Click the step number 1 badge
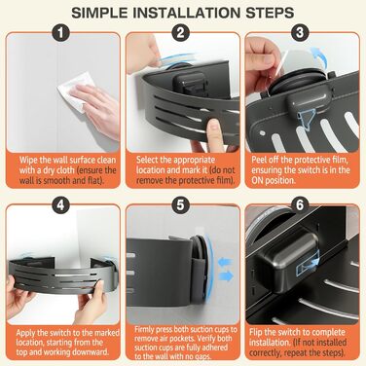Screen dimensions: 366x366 (x=61, y=32)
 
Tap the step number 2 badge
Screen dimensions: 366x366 (x=180, y=32)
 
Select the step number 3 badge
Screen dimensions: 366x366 (x=300, y=32)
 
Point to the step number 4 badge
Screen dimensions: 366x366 (x=61, y=205)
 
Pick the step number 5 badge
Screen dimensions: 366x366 (x=180, y=205)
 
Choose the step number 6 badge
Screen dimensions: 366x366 (x=300, y=205)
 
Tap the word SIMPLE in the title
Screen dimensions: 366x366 (x=99, y=13)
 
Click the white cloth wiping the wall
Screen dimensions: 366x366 (x=73, y=91)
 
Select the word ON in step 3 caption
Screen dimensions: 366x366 (x=257, y=180)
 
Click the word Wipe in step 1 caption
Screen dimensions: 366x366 (x=27, y=160)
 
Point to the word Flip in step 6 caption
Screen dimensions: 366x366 (x=256, y=332)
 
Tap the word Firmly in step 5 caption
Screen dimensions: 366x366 (x=145, y=330)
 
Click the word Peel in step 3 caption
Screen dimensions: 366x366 (x=259, y=160)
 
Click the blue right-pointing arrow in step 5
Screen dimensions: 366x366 (x=227, y=276)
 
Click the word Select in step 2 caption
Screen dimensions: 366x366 (x=147, y=160)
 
